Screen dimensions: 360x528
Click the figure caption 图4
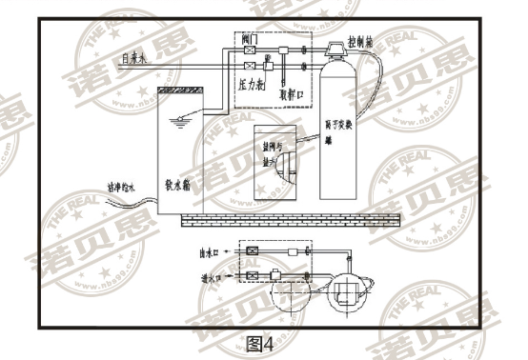click(x=260, y=342)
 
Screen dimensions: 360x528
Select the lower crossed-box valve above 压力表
click(x=251, y=67)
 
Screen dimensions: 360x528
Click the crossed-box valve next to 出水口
click(x=253, y=252)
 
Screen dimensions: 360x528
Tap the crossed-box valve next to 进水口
click(x=253, y=275)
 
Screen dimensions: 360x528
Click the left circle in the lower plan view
click(x=286, y=292)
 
